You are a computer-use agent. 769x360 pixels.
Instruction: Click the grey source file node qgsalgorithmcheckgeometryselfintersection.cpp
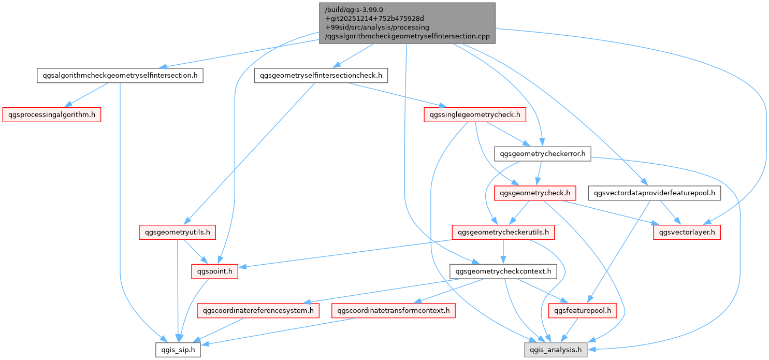(x=407, y=23)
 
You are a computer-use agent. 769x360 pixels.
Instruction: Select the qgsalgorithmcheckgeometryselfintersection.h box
(x=120, y=76)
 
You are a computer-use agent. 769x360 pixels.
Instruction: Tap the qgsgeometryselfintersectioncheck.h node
(x=321, y=76)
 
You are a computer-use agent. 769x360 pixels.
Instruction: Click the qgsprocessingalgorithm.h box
(x=51, y=114)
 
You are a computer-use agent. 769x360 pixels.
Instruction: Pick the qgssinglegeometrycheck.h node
(x=475, y=114)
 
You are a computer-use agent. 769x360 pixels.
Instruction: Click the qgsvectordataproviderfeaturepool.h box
(x=655, y=193)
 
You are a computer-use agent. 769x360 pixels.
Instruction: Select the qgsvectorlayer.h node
(x=687, y=232)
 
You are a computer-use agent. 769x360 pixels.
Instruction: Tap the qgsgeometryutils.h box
(x=177, y=232)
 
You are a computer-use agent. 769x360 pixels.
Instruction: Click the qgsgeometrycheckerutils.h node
(x=503, y=232)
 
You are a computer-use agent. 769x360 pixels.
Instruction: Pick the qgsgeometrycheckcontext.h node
(x=503, y=271)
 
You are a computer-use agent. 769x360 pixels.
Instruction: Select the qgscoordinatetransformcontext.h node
(x=394, y=311)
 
